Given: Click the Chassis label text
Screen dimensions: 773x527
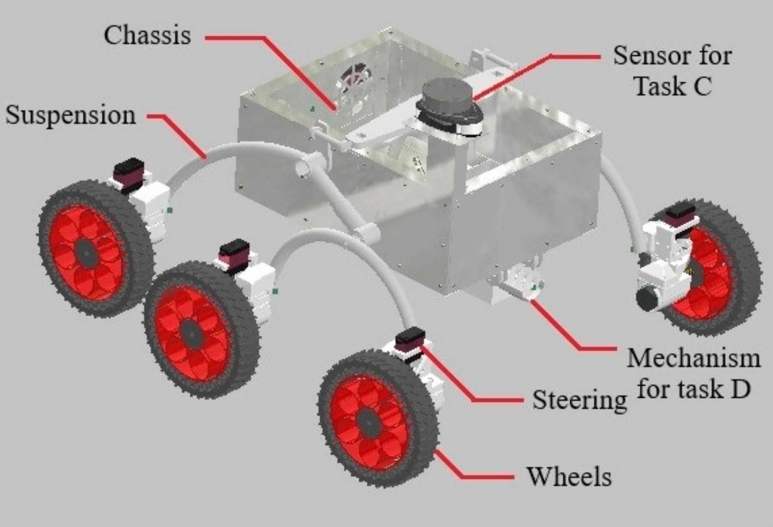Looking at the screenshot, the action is click(x=147, y=35).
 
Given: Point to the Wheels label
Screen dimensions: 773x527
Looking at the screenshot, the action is click(x=569, y=476).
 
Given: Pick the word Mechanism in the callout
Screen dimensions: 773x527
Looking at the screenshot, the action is click(x=694, y=358).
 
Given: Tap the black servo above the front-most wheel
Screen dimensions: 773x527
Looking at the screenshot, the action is click(x=410, y=338).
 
